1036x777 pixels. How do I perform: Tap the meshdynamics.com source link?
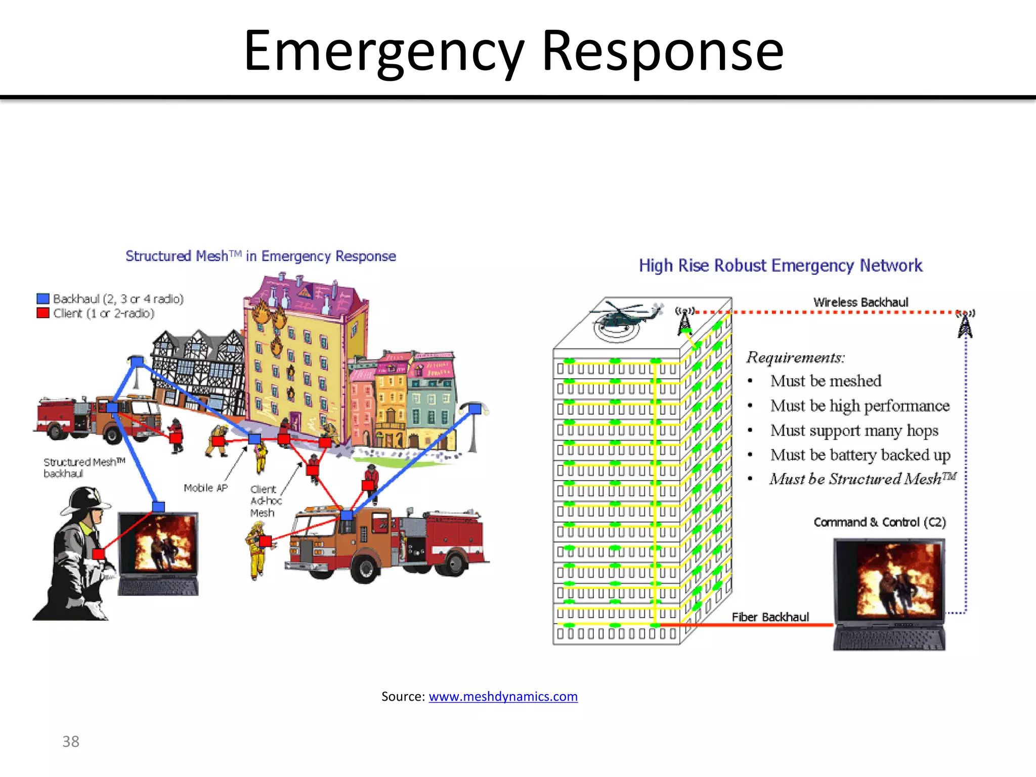click(503, 697)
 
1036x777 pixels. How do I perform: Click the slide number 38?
click(71, 742)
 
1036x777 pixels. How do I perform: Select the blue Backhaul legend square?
click(43, 298)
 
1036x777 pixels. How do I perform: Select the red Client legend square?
click(43, 313)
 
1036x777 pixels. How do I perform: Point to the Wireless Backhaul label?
click(860, 302)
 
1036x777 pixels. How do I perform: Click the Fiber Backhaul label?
click(770, 617)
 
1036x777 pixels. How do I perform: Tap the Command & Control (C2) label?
click(879, 522)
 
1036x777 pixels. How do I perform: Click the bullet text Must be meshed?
click(826, 381)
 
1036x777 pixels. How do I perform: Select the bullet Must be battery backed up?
click(860, 455)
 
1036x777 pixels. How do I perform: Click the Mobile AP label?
click(205, 488)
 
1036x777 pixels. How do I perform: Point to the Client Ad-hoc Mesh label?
click(265, 501)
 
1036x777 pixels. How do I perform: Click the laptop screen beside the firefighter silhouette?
click(158, 544)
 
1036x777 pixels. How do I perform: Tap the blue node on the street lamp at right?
click(474, 408)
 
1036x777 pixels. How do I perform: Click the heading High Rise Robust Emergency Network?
click(780, 266)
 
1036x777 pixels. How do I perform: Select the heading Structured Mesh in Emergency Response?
click(261, 256)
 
